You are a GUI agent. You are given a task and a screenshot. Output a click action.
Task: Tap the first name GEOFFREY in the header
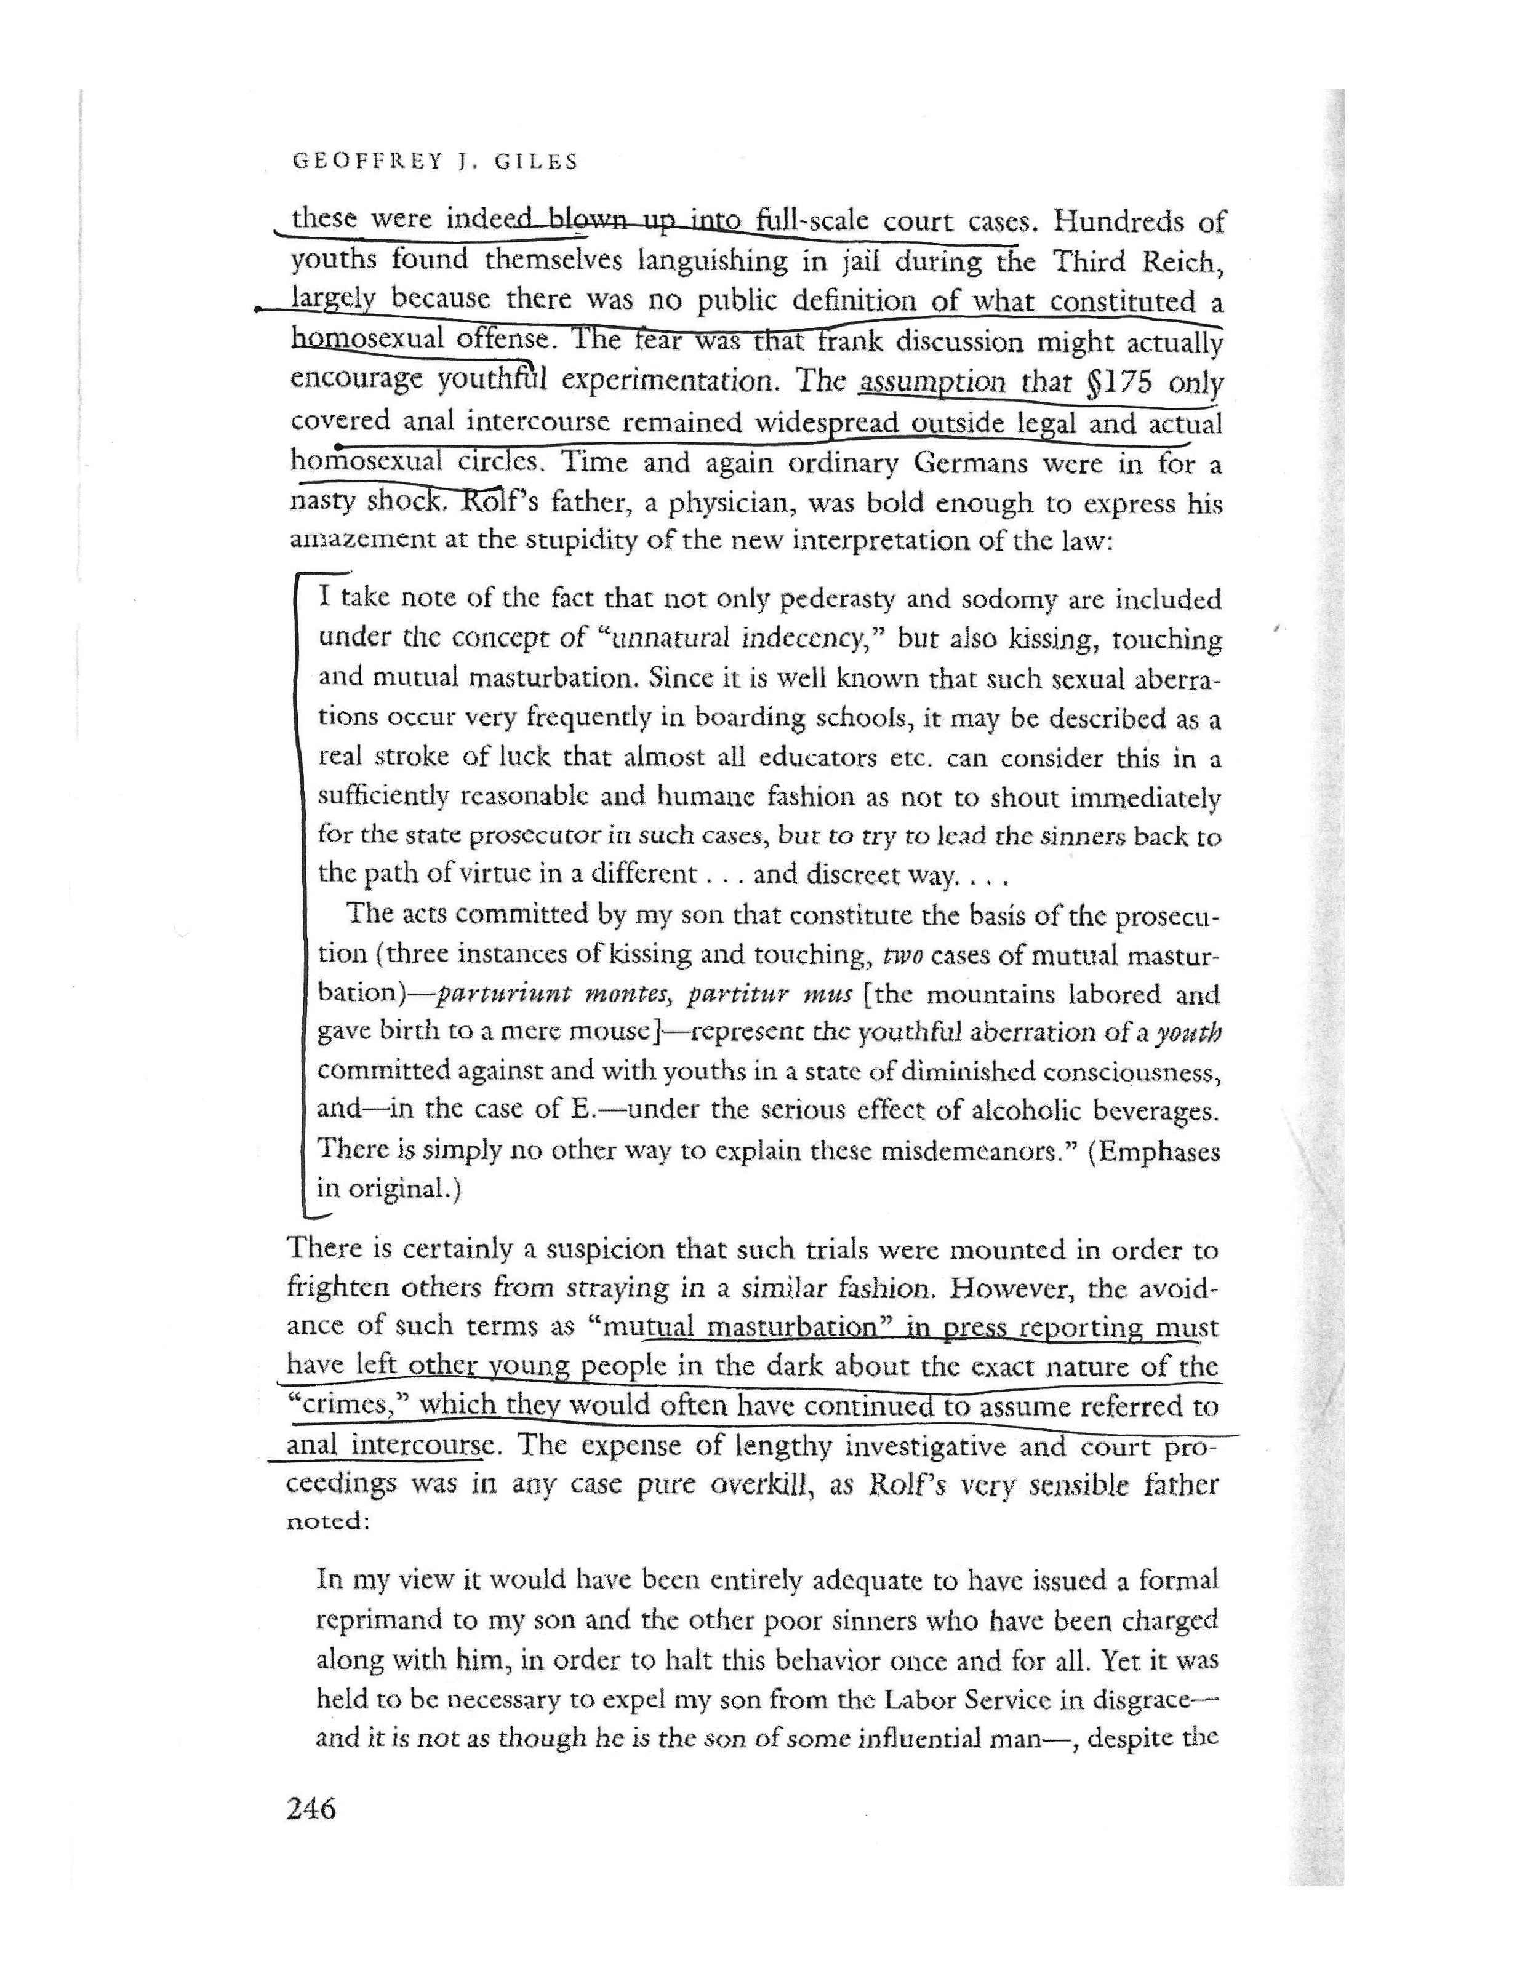point(367,162)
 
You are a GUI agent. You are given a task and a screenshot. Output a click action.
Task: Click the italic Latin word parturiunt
point(499,995)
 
